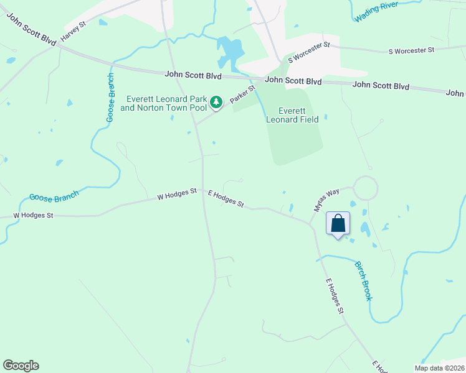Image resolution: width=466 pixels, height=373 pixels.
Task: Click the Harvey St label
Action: pos(73,34)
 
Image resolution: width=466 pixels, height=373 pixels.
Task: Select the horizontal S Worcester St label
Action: pos(411,50)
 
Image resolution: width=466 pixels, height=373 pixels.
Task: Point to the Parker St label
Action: pos(242,95)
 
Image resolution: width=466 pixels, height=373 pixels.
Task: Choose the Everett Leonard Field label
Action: pos(292,115)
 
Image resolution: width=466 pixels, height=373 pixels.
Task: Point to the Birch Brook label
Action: pos(364,280)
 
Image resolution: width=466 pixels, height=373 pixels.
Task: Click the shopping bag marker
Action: pos(338,224)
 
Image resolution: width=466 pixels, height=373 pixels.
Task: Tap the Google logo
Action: pos(21,366)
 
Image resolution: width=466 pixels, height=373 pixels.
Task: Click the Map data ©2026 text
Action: pos(439,368)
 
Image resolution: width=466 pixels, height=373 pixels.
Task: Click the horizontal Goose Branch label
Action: pos(54,196)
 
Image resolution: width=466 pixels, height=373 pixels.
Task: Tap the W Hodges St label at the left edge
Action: pos(34,215)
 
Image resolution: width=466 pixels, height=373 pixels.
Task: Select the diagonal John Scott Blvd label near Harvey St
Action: pos(31,28)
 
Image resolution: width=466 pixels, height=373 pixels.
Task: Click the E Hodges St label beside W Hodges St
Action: pos(226,199)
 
